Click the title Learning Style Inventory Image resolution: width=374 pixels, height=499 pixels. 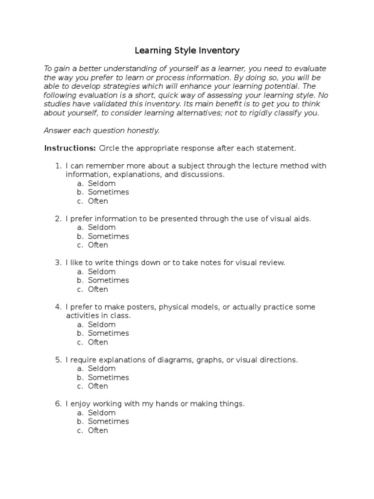coord(187,50)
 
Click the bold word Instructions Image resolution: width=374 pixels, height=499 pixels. coord(70,148)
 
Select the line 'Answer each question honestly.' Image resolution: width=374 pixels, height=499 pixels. coord(101,131)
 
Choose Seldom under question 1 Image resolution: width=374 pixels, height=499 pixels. coord(102,183)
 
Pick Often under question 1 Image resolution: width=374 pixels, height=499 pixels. coord(98,201)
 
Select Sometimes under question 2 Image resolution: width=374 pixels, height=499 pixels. coord(109,236)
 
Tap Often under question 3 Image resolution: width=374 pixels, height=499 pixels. coord(98,289)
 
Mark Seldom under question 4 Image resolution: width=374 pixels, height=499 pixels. coord(102,325)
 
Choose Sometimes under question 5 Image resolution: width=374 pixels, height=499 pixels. coord(109,378)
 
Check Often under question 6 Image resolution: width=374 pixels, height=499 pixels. coord(98,430)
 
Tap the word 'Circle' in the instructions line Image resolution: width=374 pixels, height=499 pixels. coord(110,148)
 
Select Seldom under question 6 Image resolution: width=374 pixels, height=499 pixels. coord(102,413)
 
